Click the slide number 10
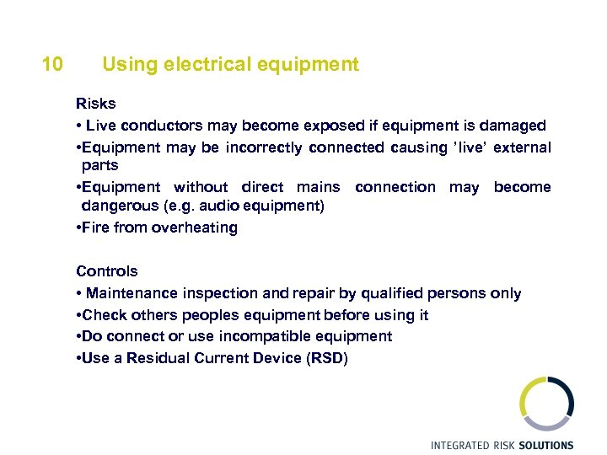pos(51,64)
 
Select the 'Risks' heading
pos(96,104)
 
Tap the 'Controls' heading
pos(107,271)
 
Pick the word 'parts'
pos(99,165)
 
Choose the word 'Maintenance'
pos(131,293)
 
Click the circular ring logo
pos(546,404)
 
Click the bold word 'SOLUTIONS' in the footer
pos(544,445)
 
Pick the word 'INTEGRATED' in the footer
pos(459,445)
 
